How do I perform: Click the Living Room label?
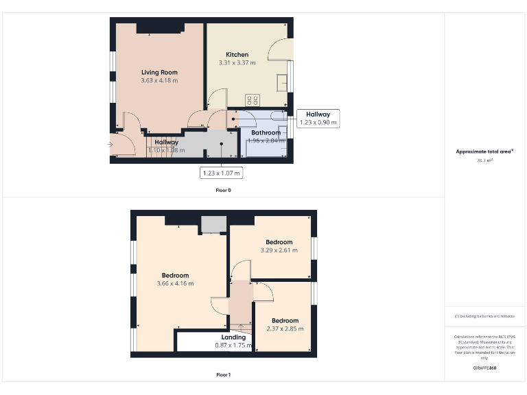159,72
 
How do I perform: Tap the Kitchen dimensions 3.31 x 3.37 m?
237,63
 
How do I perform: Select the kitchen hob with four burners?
253,99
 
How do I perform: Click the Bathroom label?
266,132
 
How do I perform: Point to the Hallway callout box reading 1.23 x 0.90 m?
318,119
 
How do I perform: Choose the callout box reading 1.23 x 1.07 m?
221,173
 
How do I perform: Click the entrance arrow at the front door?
111,144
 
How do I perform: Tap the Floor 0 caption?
223,190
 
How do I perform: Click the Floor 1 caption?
223,375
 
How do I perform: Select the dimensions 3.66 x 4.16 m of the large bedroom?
175,284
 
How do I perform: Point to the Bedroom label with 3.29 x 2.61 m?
279,242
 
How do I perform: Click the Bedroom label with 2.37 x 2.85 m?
285,320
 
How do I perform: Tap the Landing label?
233,337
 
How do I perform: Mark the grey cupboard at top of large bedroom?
213,224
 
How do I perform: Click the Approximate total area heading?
484,152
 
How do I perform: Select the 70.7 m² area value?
484,160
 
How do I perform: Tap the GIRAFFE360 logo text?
484,368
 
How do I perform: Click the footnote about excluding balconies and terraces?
484,316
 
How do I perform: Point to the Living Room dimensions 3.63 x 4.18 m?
159,80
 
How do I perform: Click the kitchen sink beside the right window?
282,82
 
